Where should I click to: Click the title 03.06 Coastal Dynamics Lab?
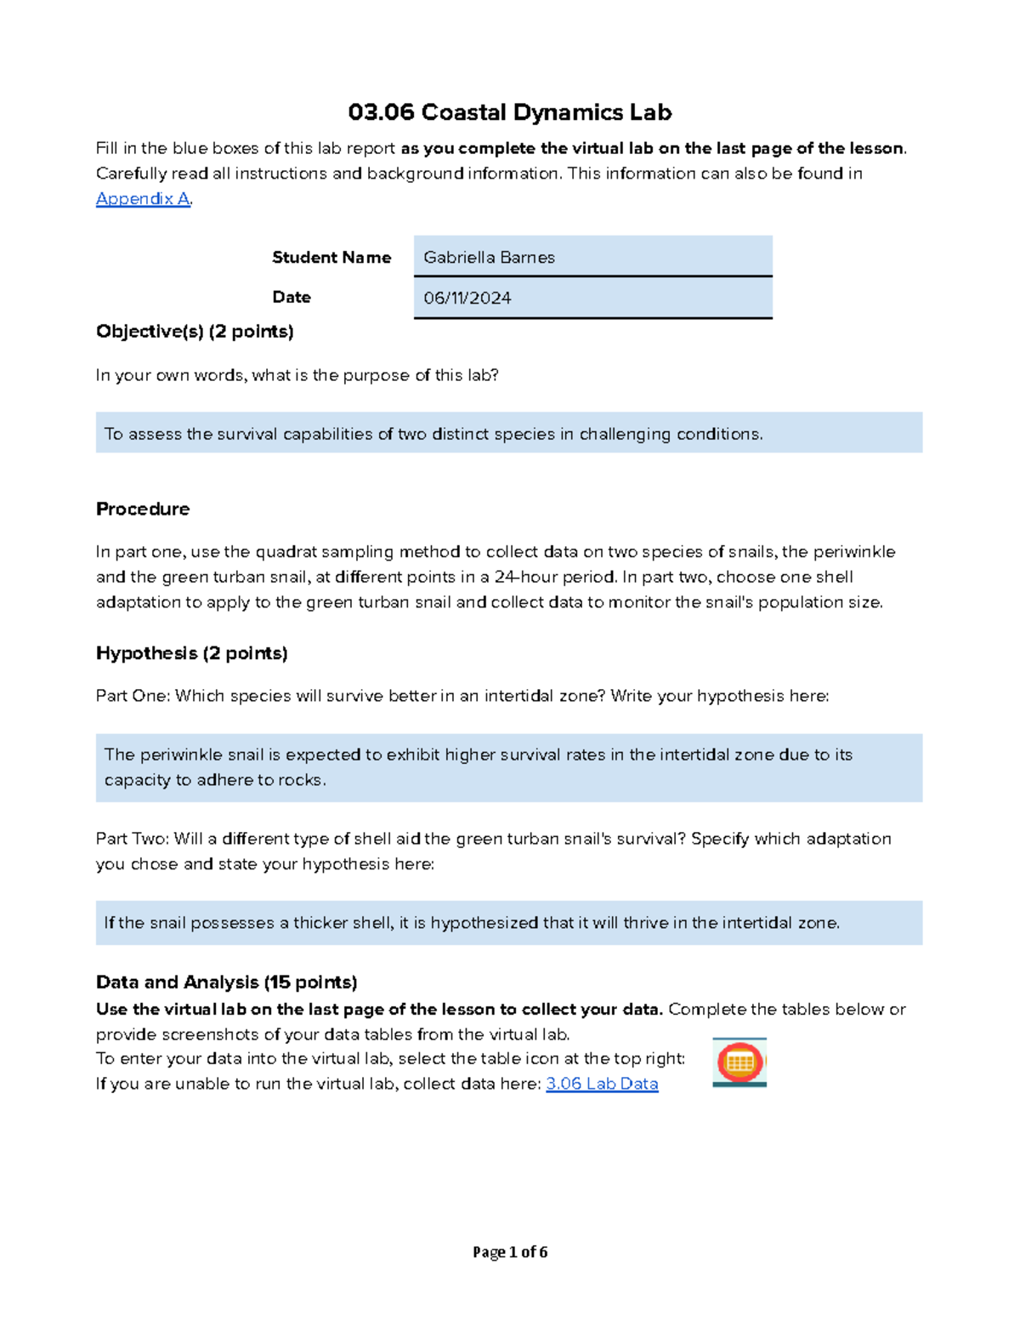point(509,112)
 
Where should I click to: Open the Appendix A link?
point(142,198)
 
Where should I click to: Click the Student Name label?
point(331,257)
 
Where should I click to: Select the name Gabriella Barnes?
point(489,257)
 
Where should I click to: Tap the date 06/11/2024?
point(467,298)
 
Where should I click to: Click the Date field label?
point(291,297)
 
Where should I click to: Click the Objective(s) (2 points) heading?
point(195,331)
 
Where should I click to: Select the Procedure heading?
point(143,509)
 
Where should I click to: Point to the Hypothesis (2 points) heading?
point(191,652)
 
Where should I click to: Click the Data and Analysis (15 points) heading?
point(226,982)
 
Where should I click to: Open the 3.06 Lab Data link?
point(602,1084)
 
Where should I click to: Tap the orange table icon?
point(739,1062)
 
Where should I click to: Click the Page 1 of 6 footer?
point(509,1251)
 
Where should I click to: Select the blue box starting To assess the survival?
point(508,433)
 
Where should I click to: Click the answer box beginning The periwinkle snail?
point(508,767)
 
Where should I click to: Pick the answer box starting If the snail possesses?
point(508,922)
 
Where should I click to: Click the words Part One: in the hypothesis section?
point(133,696)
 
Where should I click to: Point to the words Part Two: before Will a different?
point(133,839)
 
